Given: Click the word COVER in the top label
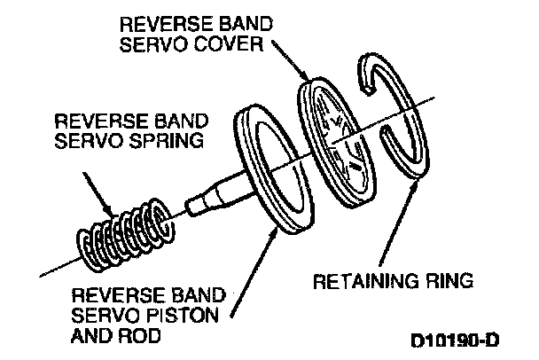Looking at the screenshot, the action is coord(228,44).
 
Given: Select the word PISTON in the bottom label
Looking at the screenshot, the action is coord(183,316).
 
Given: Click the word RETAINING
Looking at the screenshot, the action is coord(366,281).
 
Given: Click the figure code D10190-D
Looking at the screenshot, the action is coord(455,340).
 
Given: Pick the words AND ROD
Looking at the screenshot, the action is coord(116,335).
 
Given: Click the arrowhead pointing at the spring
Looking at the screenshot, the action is coord(109,210).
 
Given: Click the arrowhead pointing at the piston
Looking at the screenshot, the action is coord(273,234).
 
